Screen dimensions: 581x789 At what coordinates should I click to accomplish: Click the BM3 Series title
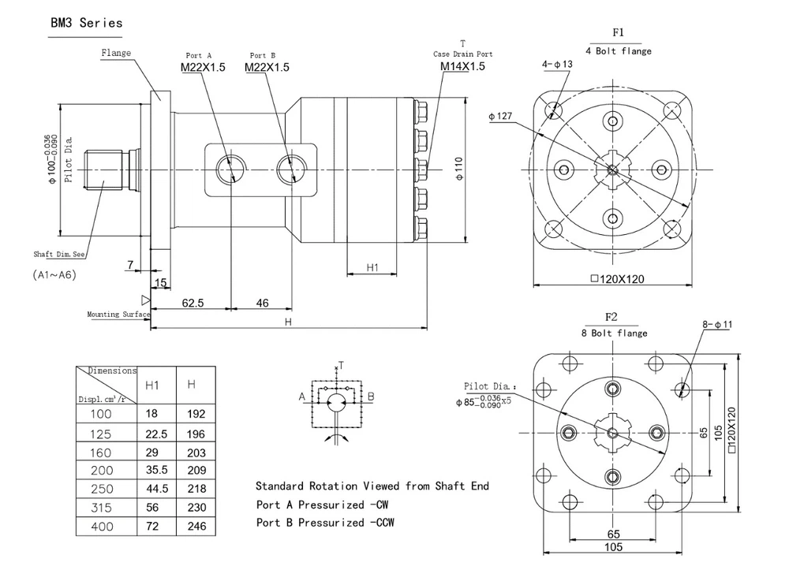87,23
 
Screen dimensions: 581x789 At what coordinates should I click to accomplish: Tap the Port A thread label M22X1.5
203,68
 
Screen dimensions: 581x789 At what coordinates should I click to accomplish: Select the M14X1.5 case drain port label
462,66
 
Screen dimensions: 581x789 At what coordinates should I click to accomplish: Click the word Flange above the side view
116,54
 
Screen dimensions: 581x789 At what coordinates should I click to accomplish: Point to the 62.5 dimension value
193,303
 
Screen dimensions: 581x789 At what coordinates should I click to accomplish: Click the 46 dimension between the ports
263,303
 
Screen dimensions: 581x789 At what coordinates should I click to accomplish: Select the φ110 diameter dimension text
459,169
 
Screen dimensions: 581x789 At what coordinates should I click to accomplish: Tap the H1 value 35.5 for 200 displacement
157,471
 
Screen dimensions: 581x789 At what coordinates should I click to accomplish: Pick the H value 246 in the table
196,526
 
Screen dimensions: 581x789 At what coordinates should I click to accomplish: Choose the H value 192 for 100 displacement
196,414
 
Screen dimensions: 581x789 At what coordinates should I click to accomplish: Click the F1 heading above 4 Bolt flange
619,33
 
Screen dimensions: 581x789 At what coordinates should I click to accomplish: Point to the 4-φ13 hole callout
557,64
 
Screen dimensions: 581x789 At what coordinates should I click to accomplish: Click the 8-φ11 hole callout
717,323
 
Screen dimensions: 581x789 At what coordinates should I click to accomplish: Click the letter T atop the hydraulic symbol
341,365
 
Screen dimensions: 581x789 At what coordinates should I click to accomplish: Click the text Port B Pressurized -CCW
325,523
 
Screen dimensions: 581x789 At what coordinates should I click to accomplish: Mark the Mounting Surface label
118,315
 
